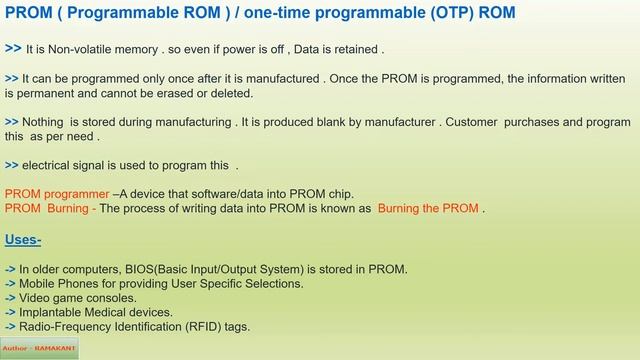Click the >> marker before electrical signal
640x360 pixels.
click(11, 165)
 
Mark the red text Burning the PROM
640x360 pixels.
click(428, 209)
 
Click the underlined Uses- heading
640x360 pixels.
click(23, 240)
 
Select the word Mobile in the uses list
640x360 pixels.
click(38, 284)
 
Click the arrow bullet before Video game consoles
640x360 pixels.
click(10, 298)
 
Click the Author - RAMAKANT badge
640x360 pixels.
click(39, 350)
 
